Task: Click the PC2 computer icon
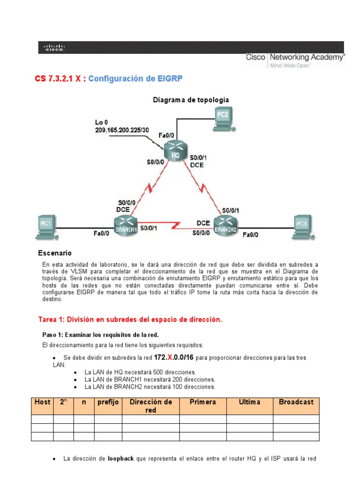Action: pos(223,118)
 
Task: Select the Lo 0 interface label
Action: pos(101,123)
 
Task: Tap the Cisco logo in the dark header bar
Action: pos(54,47)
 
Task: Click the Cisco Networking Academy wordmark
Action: pos(295,58)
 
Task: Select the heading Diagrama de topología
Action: pos(184,100)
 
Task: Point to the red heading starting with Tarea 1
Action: pos(129,320)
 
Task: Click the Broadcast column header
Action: pos(296,402)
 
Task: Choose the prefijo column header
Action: pos(108,402)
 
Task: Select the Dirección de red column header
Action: pos(150,406)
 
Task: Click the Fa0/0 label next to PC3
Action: pos(250,235)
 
